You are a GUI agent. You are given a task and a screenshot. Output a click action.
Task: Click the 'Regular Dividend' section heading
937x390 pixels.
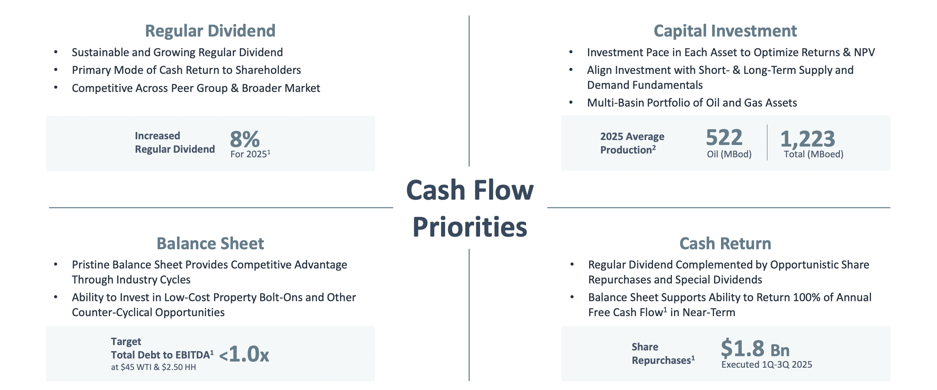(210, 31)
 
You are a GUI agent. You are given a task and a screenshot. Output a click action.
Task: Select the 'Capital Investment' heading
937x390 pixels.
(725, 31)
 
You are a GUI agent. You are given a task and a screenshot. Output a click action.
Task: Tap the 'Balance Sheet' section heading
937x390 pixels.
(210, 243)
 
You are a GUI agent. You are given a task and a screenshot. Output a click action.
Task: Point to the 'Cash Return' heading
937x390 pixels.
(725, 243)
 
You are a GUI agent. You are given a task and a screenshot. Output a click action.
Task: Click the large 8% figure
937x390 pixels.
(245, 139)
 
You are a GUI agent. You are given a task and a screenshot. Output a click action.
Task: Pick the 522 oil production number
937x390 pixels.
(724, 138)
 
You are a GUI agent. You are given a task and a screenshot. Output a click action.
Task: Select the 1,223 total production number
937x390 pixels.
(807, 138)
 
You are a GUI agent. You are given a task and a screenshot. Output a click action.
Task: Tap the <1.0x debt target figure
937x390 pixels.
(244, 354)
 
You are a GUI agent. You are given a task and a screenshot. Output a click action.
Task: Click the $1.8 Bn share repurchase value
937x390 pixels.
(755, 349)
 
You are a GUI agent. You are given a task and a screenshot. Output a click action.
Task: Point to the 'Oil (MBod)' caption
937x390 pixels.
(729, 154)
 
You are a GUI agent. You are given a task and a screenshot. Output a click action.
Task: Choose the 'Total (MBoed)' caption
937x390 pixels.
(814, 154)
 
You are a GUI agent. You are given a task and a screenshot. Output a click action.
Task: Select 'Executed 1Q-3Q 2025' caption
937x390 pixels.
(767, 365)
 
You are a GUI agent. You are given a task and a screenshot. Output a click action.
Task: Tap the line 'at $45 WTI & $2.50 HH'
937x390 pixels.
(153, 367)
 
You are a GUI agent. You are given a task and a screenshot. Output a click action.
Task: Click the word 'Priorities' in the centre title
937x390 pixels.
(470, 227)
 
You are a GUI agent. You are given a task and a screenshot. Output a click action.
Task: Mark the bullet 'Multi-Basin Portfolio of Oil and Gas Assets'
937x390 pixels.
(692, 103)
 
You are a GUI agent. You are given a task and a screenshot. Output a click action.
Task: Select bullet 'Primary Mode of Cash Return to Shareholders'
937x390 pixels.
(186, 70)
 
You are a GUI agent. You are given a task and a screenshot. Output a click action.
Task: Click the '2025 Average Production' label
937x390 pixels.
(632, 143)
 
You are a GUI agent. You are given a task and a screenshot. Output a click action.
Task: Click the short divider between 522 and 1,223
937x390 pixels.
(767, 142)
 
